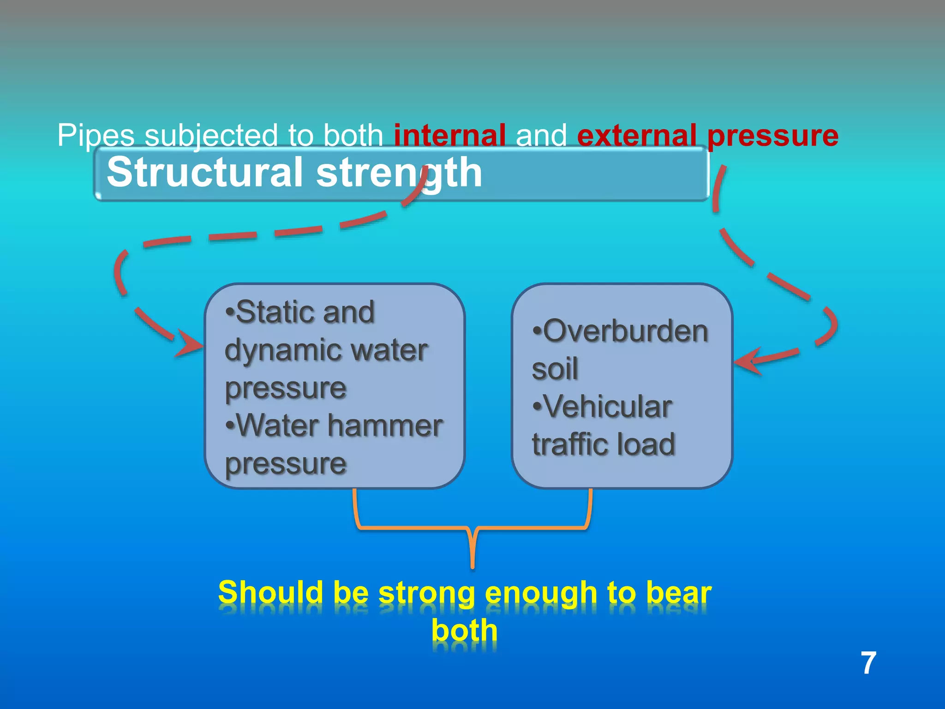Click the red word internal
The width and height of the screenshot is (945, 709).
coord(449,136)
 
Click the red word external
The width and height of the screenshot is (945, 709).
coord(637,136)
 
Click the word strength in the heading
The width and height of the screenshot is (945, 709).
coord(399,173)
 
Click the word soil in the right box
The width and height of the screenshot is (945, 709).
coord(555,369)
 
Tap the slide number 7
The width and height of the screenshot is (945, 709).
coord(868,663)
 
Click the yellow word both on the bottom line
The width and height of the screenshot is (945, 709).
coord(465,631)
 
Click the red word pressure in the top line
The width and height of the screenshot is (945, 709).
coord(772,136)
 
